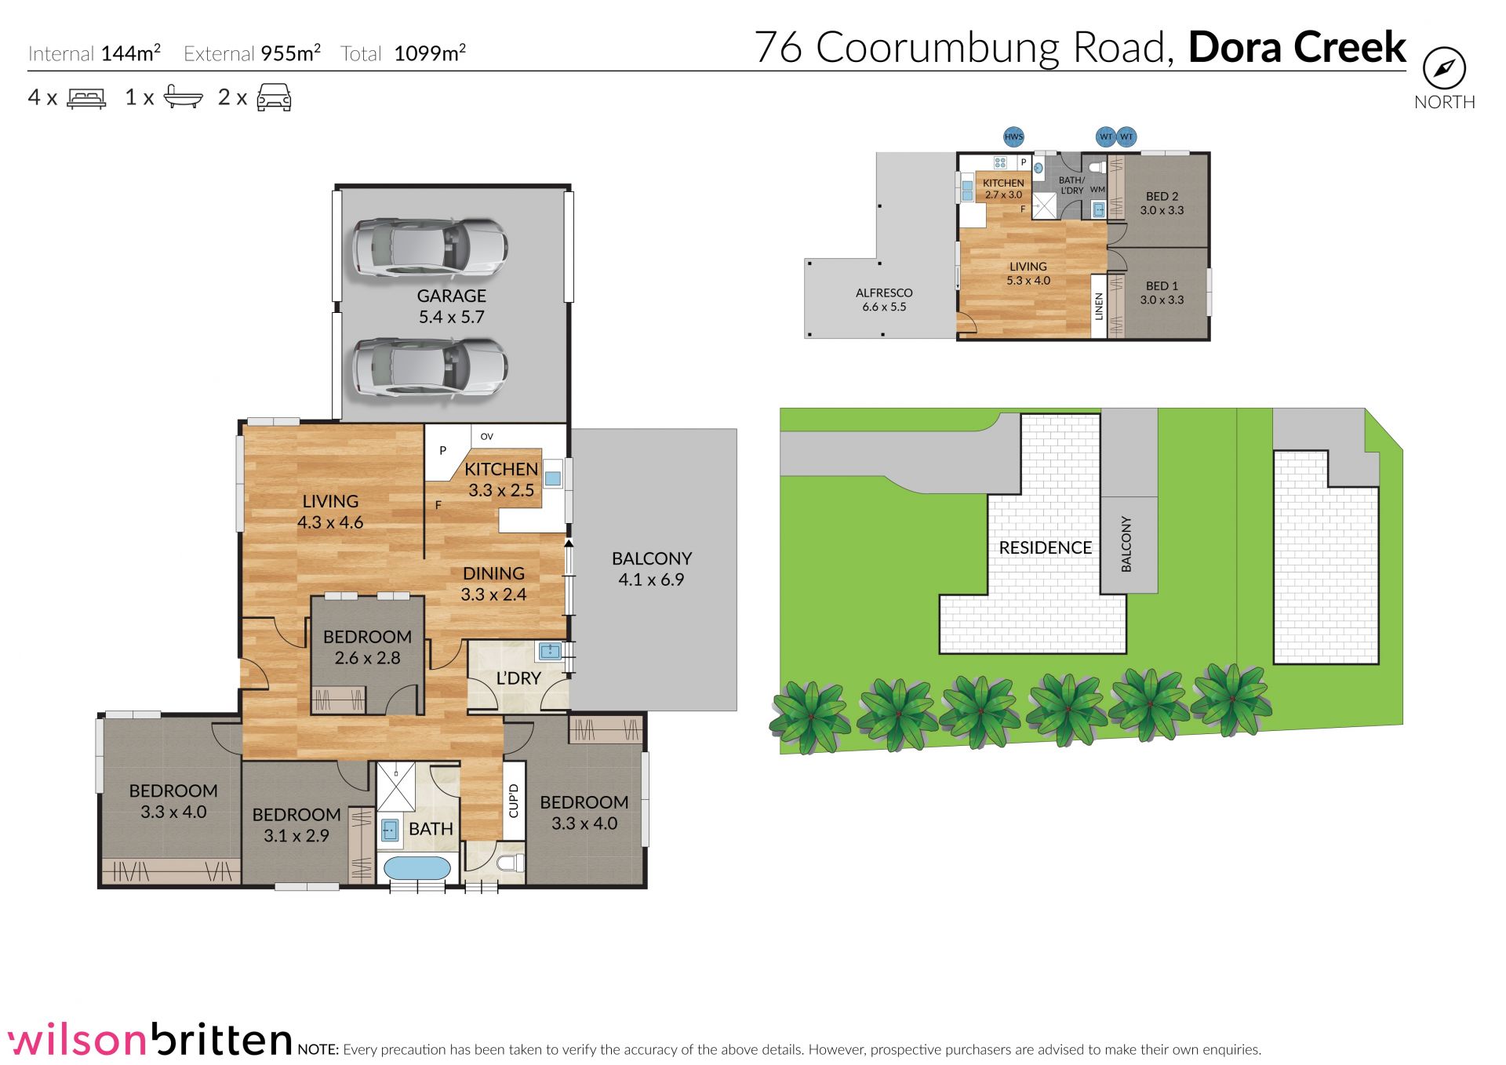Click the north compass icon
[1444, 69]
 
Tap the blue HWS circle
[1013, 136]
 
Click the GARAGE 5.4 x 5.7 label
[451, 307]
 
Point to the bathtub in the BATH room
[416, 869]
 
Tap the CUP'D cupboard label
[513, 801]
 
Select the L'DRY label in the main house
[518, 678]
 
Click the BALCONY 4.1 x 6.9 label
[651, 569]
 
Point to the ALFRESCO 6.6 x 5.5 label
[884, 300]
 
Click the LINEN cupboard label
[1098, 306]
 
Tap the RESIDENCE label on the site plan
[1045, 547]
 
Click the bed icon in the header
[86, 98]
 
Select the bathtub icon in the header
[183, 97]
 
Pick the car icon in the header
[274, 97]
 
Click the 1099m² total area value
[430, 53]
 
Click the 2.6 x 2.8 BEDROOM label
[367, 647]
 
